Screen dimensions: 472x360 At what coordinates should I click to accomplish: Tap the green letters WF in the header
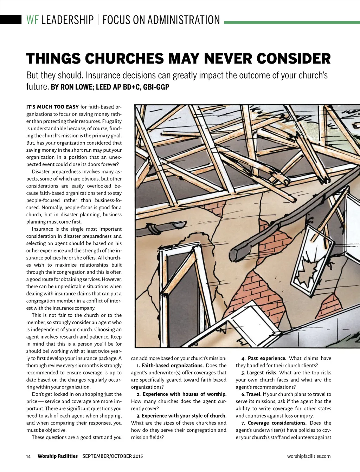click(32, 20)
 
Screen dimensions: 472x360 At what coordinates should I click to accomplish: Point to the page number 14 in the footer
click(28, 457)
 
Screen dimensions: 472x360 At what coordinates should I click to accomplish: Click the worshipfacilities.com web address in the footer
click(309, 456)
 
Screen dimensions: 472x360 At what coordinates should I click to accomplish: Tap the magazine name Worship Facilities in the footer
click(57, 456)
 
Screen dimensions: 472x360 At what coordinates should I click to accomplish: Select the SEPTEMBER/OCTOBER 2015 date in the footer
click(112, 456)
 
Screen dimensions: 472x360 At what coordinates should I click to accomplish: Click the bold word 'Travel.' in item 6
click(254, 394)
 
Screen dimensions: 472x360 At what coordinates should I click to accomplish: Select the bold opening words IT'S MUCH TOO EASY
click(52, 107)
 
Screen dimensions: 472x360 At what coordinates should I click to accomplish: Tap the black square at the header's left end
click(11, 19)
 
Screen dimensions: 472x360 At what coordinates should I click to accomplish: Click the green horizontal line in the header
click(292, 22)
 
